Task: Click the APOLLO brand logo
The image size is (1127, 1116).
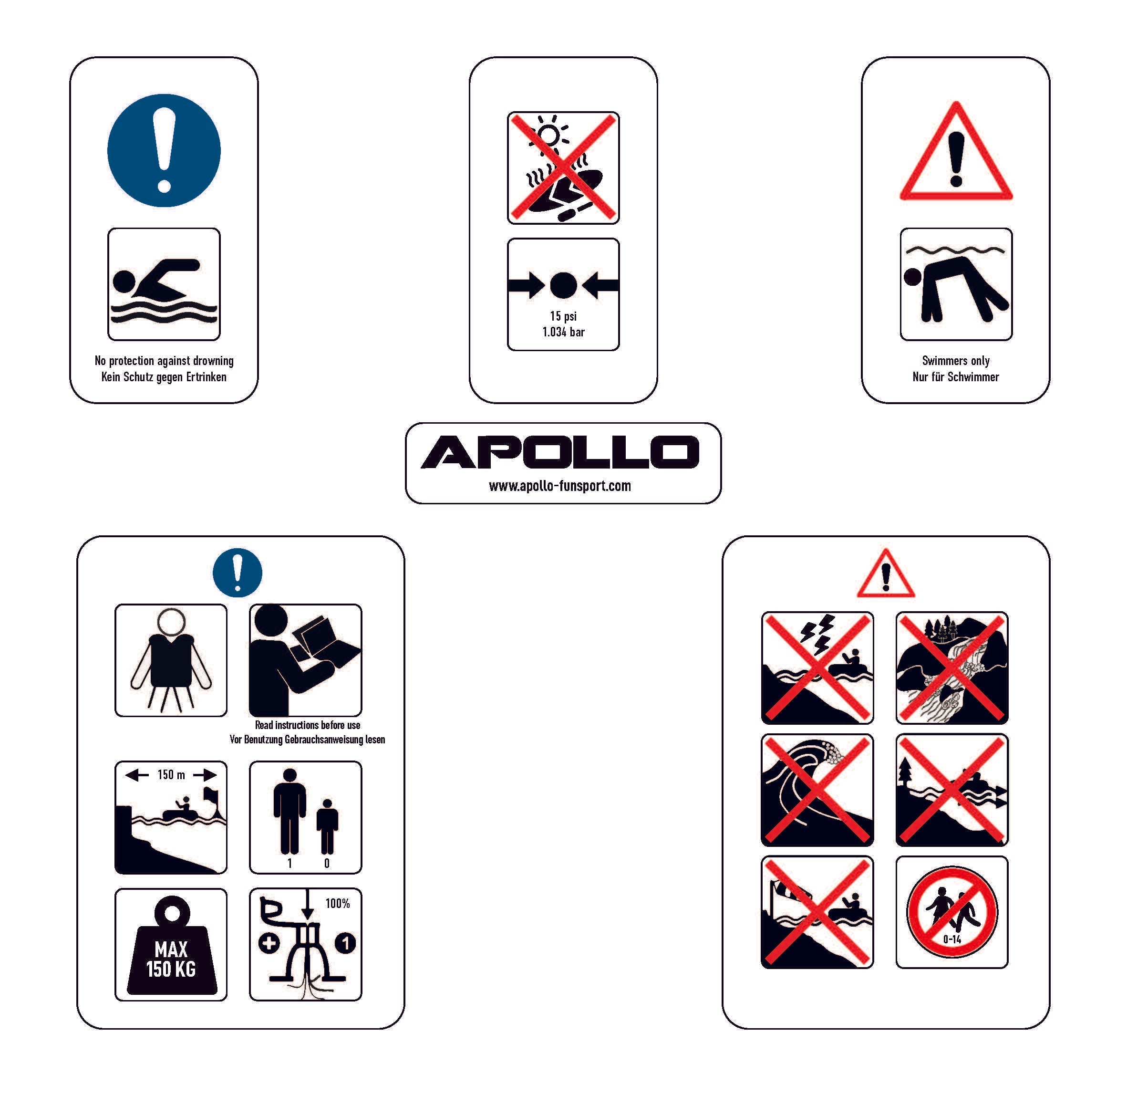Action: tap(560, 452)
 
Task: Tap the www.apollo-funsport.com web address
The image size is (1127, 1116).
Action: tap(560, 486)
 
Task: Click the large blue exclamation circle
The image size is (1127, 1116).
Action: tap(164, 151)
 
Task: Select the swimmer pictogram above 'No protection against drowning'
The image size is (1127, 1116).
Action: tap(164, 284)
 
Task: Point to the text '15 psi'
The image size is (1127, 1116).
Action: tap(564, 316)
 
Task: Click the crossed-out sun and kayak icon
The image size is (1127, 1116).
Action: tap(564, 168)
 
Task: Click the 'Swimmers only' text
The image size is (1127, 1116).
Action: tap(956, 361)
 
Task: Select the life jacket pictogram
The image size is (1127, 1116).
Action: tap(171, 660)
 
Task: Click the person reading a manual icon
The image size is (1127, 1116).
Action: tap(306, 660)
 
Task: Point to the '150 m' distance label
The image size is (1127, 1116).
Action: tap(171, 774)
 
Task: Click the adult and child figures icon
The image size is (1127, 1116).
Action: tap(306, 817)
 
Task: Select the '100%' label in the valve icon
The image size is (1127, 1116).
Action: tap(338, 904)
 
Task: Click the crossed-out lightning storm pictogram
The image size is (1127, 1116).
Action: tap(817, 668)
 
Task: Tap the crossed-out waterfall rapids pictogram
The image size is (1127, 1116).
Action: tap(952, 668)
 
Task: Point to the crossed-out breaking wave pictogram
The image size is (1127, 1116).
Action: tap(817, 790)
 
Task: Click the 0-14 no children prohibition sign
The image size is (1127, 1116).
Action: tap(952, 912)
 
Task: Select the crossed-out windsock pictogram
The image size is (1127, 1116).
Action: tap(817, 912)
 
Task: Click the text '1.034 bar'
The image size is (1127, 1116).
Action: tap(564, 332)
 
